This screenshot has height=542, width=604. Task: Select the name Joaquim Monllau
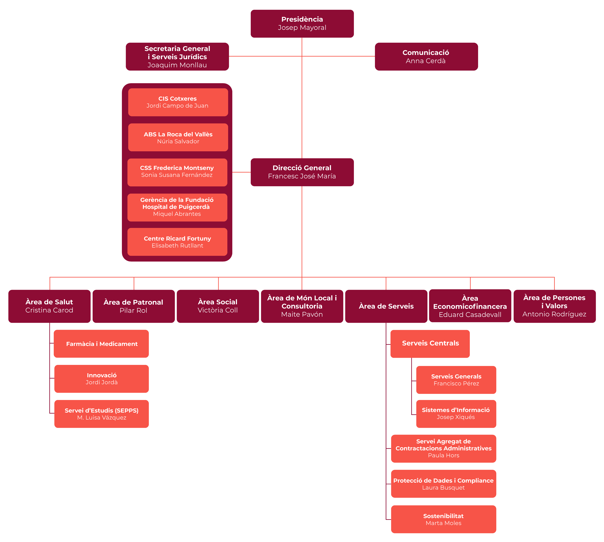pyautogui.click(x=177, y=65)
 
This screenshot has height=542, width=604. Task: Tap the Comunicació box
pyautogui.click(x=426, y=57)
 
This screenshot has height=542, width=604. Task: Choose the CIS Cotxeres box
pyautogui.click(x=178, y=102)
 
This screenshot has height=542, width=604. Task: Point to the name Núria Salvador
pyautogui.click(x=178, y=141)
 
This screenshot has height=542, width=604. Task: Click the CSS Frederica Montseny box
pyautogui.click(x=177, y=172)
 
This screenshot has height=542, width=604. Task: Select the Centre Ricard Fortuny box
pyautogui.click(x=177, y=242)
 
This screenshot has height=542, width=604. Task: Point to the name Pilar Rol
pyautogui.click(x=133, y=310)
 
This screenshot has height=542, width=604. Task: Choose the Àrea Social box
pyautogui.click(x=218, y=306)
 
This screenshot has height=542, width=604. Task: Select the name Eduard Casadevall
pyautogui.click(x=470, y=315)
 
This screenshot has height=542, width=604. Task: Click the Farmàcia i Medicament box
pyautogui.click(x=101, y=344)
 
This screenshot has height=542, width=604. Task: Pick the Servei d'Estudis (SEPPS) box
pyautogui.click(x=101, y=414)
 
